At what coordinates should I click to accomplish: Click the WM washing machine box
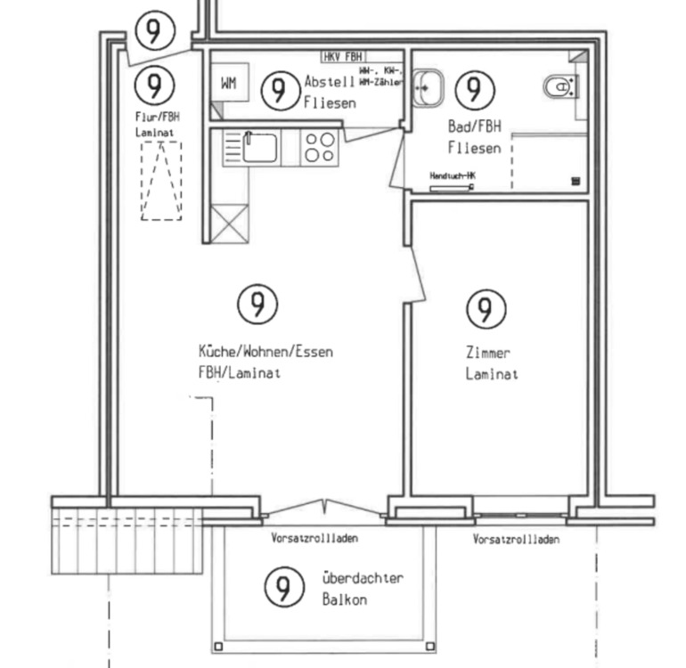click(x=229, y=84)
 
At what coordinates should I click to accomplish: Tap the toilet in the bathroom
click(x=560, y=86)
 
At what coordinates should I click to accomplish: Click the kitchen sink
click(x=261, y=146)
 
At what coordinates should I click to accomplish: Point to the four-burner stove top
click(x=320, y=147)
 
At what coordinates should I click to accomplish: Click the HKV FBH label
click(x=344, y=56)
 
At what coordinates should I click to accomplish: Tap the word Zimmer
click(x=487, y=353)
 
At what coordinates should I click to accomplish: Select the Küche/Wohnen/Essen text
click(x=265, y=352)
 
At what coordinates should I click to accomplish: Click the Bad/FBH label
click(x=474, y=127)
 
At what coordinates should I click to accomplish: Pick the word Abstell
click(x=330, y=82)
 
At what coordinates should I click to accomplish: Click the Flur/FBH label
click(x=155, y=117)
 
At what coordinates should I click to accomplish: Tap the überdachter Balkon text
click(x=362, y=578)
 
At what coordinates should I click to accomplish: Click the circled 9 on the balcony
click(x=282, y=588)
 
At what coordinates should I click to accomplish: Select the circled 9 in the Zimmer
click(x=486, y=309)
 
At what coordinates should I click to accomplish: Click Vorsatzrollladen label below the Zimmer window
click(x=517, y=540)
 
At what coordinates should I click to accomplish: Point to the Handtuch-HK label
click(x=453, y=176)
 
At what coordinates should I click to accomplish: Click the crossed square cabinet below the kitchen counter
click(x=229, y=223)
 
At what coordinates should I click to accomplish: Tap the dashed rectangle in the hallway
click(x=161, y=180)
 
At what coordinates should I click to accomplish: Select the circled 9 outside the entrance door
click(x=153, y=31)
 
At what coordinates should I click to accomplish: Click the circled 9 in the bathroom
click(x=474, y=88)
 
